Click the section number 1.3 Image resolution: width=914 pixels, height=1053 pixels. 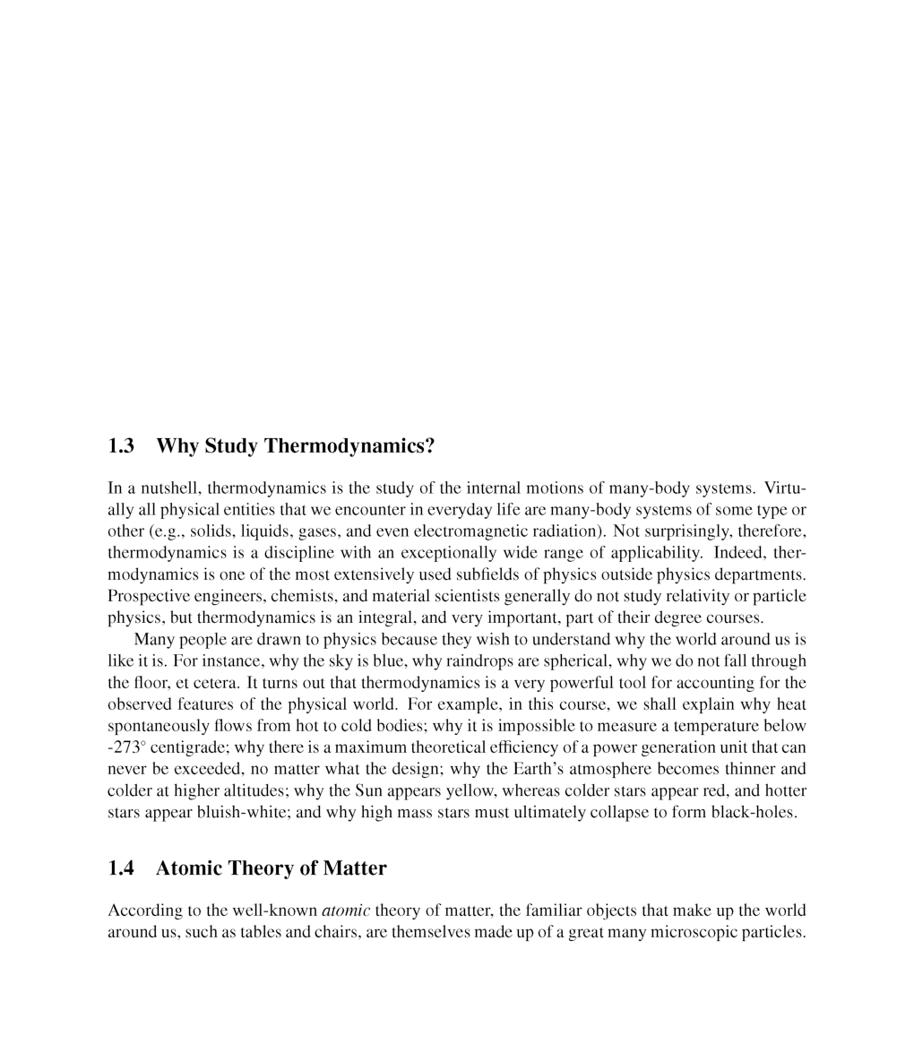pos(121,446)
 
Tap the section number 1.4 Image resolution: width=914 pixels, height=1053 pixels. pos(121,868)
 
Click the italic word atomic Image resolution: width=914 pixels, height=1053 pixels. pos(346,911)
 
